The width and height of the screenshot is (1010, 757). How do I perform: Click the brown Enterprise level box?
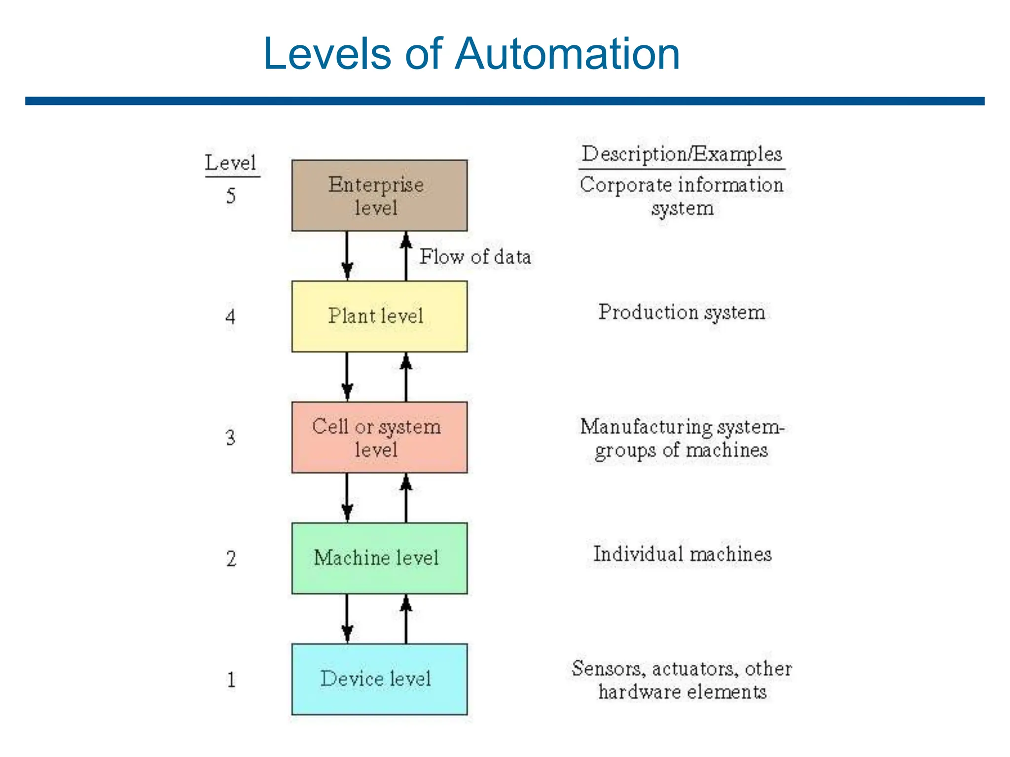(x=379, y=195)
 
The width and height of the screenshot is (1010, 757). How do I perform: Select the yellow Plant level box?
(x=379, y=316)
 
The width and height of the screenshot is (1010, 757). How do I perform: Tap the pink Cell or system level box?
(x=379, y=437)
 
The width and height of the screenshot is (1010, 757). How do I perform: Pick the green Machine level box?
(x=379, y=558)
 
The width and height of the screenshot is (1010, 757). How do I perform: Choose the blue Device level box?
(x=379, y=679)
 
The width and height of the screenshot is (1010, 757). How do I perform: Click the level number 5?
(x=231, y=196)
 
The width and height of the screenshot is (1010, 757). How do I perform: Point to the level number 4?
(x=230, y=316)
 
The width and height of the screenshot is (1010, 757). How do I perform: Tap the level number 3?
(x=230, y=438)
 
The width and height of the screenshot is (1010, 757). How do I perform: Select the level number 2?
(x=231, y=558)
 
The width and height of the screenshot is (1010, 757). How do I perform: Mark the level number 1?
(x=231, y=680)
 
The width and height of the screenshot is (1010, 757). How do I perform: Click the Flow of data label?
(x=475, y=257)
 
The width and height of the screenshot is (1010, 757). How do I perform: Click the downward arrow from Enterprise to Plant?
(x=347, y=255)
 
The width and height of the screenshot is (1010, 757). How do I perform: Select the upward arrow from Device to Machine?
(x=406, y=619)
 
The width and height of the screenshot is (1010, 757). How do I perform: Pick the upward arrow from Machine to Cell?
(x=406, y=498)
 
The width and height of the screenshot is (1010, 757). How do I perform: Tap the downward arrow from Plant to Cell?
(x=347, y=377)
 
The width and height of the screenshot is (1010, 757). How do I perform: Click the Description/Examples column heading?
(x=682, y=154)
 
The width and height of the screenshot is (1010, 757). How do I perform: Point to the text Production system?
(x=682, y=312)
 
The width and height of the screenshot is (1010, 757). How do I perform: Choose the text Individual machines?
(x=682, y=554)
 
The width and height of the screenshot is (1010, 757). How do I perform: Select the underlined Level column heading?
(x=231, y=163)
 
